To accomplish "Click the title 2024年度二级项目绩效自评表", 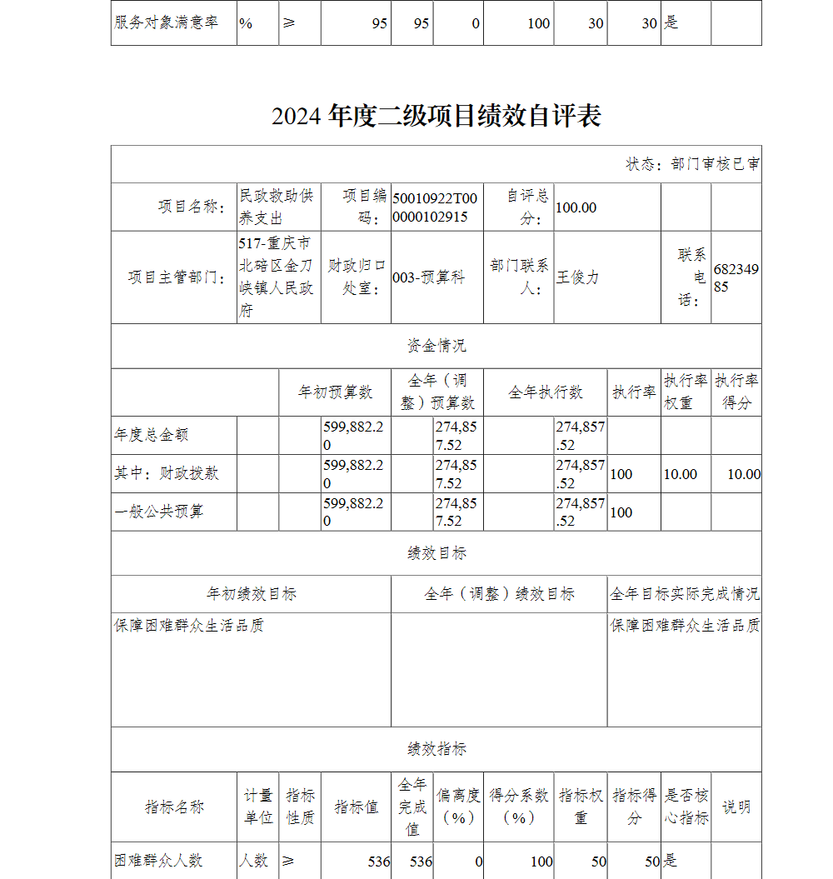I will point(436,117).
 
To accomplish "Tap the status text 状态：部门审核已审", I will point(692,164).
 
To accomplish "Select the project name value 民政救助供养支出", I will point(277,207).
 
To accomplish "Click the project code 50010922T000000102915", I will point(436,207).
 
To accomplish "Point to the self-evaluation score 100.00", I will point(576,207).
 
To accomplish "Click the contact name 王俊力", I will point(577,277).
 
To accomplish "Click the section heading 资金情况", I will point(436,346).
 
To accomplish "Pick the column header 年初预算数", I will point(336,392).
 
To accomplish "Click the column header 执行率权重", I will point(686,392).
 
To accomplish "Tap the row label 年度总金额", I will point(152,435).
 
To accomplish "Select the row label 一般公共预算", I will point(158,512).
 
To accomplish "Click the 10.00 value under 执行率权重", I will point(680,474).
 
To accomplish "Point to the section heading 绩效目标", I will point(436,553).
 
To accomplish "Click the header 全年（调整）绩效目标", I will point(499,594).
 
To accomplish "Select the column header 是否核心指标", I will point(686,807).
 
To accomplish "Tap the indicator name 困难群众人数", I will point(158,861).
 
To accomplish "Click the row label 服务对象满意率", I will point(167,22).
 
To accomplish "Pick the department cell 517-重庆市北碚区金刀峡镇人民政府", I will point(277,277).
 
